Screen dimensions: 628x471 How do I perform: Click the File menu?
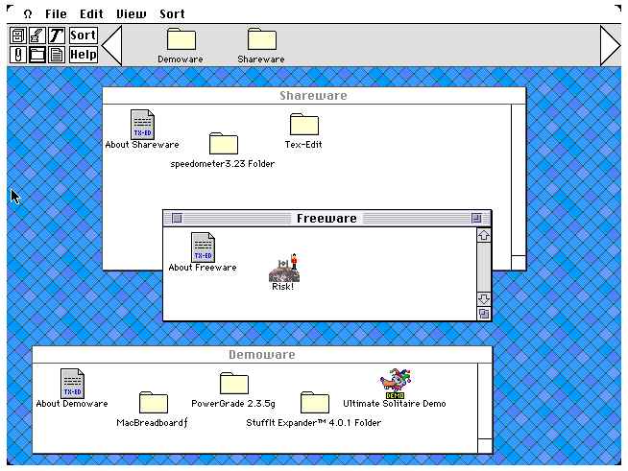click(56, 14)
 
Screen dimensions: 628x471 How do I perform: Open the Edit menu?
click(91, 14)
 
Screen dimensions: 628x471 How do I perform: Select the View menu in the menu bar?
click(131, 14)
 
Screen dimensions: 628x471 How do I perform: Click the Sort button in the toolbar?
click(83, 35)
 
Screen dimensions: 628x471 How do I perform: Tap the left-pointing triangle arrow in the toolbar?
click(111, 45)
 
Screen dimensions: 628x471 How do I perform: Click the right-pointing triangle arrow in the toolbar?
click(611, 45)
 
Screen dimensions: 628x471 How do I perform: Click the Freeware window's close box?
click(177, 218)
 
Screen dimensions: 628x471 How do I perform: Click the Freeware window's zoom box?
click(476, 218)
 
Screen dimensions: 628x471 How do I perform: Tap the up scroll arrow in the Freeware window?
click(484, 235)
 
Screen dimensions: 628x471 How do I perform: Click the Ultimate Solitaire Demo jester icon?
click(396, 384)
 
